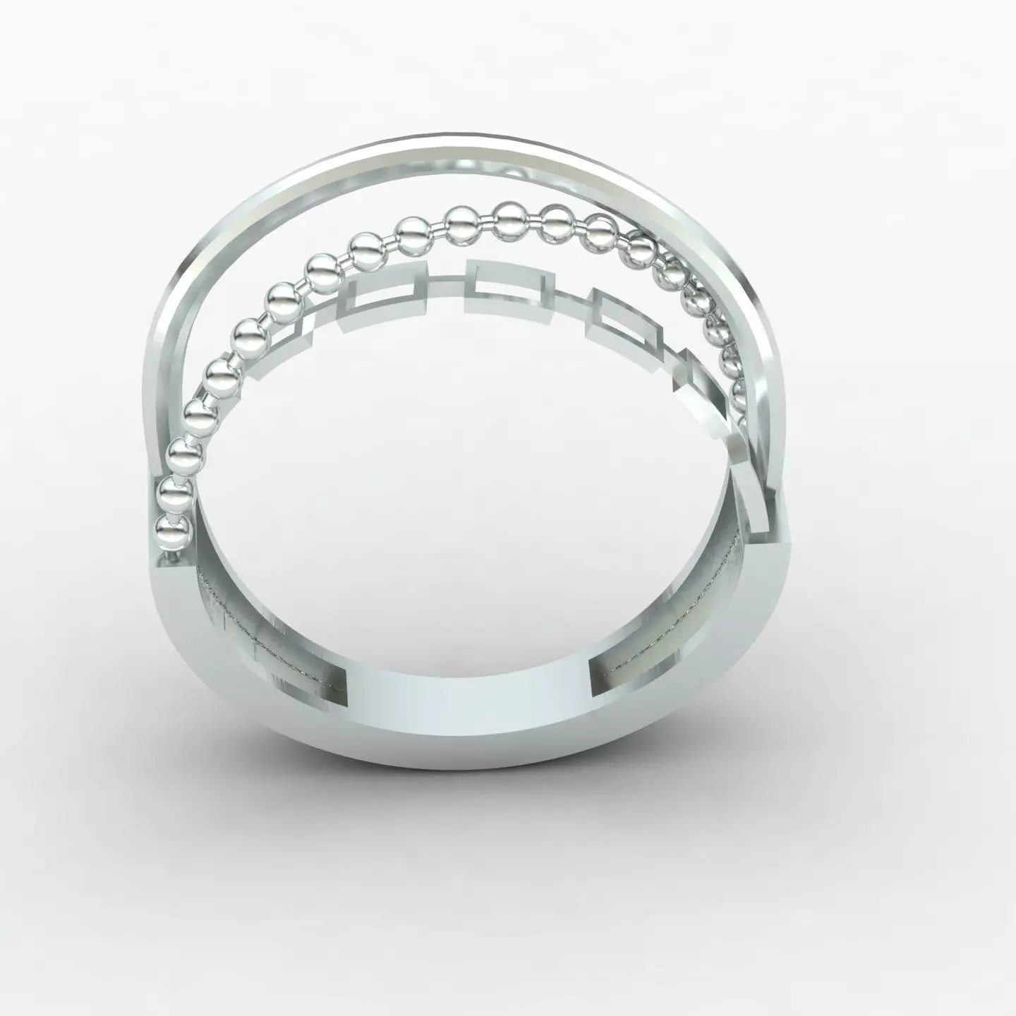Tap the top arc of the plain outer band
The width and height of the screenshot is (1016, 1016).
tap(494, 152)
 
